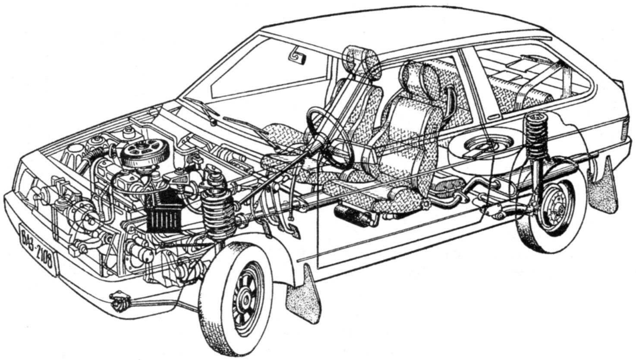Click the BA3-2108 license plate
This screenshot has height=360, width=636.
38,247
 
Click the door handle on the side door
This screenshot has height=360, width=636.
496,116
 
